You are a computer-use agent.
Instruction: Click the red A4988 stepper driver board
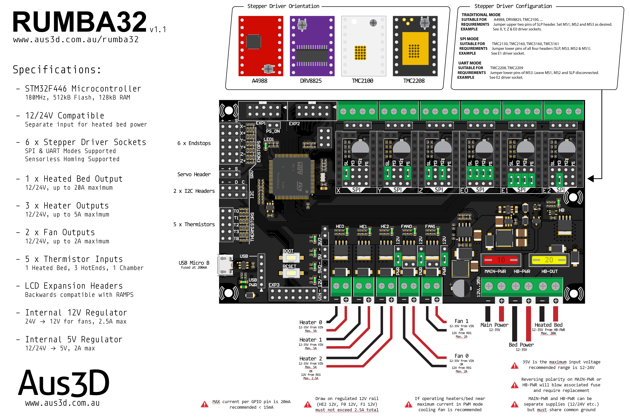[261, 46]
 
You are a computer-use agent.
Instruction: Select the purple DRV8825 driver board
[312, 46]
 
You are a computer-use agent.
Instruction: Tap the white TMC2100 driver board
[363, 46]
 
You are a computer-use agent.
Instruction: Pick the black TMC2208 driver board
[415, 46]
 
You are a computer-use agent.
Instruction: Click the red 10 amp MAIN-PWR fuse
[501, 260]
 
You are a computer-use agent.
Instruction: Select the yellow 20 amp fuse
[549, 260]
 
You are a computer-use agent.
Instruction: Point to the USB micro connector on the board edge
[225, 265]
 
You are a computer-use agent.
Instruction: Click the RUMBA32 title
[80, 22]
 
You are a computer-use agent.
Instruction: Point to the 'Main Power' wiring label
[494, 325]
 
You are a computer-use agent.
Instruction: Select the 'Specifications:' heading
[57, 70]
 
